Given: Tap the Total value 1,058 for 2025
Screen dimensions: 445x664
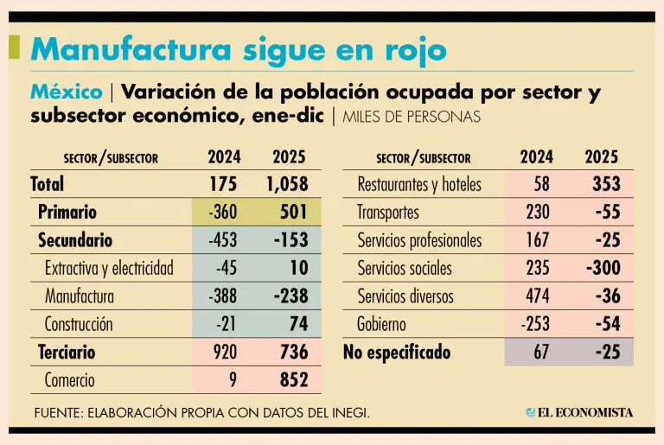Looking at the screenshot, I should (x=281, y=184).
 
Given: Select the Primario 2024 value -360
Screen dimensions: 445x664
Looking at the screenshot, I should (x=224, y=212).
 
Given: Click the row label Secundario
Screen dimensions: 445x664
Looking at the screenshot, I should (x=75, y=240).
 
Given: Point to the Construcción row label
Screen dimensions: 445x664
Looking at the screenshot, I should (x=79, y=325).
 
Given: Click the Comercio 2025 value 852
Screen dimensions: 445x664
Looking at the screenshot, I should (x=290, y=380).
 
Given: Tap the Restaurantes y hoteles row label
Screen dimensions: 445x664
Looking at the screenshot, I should (x=419, y=184).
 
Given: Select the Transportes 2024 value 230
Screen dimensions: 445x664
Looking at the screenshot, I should (x=537, y=212).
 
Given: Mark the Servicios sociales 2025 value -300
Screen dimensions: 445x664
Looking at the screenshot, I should (x=603, y=268).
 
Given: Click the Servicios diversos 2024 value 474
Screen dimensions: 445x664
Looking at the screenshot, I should (x=537, y=296).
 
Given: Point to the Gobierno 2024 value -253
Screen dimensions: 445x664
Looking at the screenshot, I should (x=535, y=325).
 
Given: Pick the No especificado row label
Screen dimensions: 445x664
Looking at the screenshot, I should (x=397, y=353).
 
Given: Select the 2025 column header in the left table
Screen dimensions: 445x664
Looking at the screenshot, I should (x=289, y=157).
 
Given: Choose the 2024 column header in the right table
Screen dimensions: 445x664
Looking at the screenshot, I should (x=537, y=157).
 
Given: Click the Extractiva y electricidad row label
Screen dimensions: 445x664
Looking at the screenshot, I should (x=109, y=268).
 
